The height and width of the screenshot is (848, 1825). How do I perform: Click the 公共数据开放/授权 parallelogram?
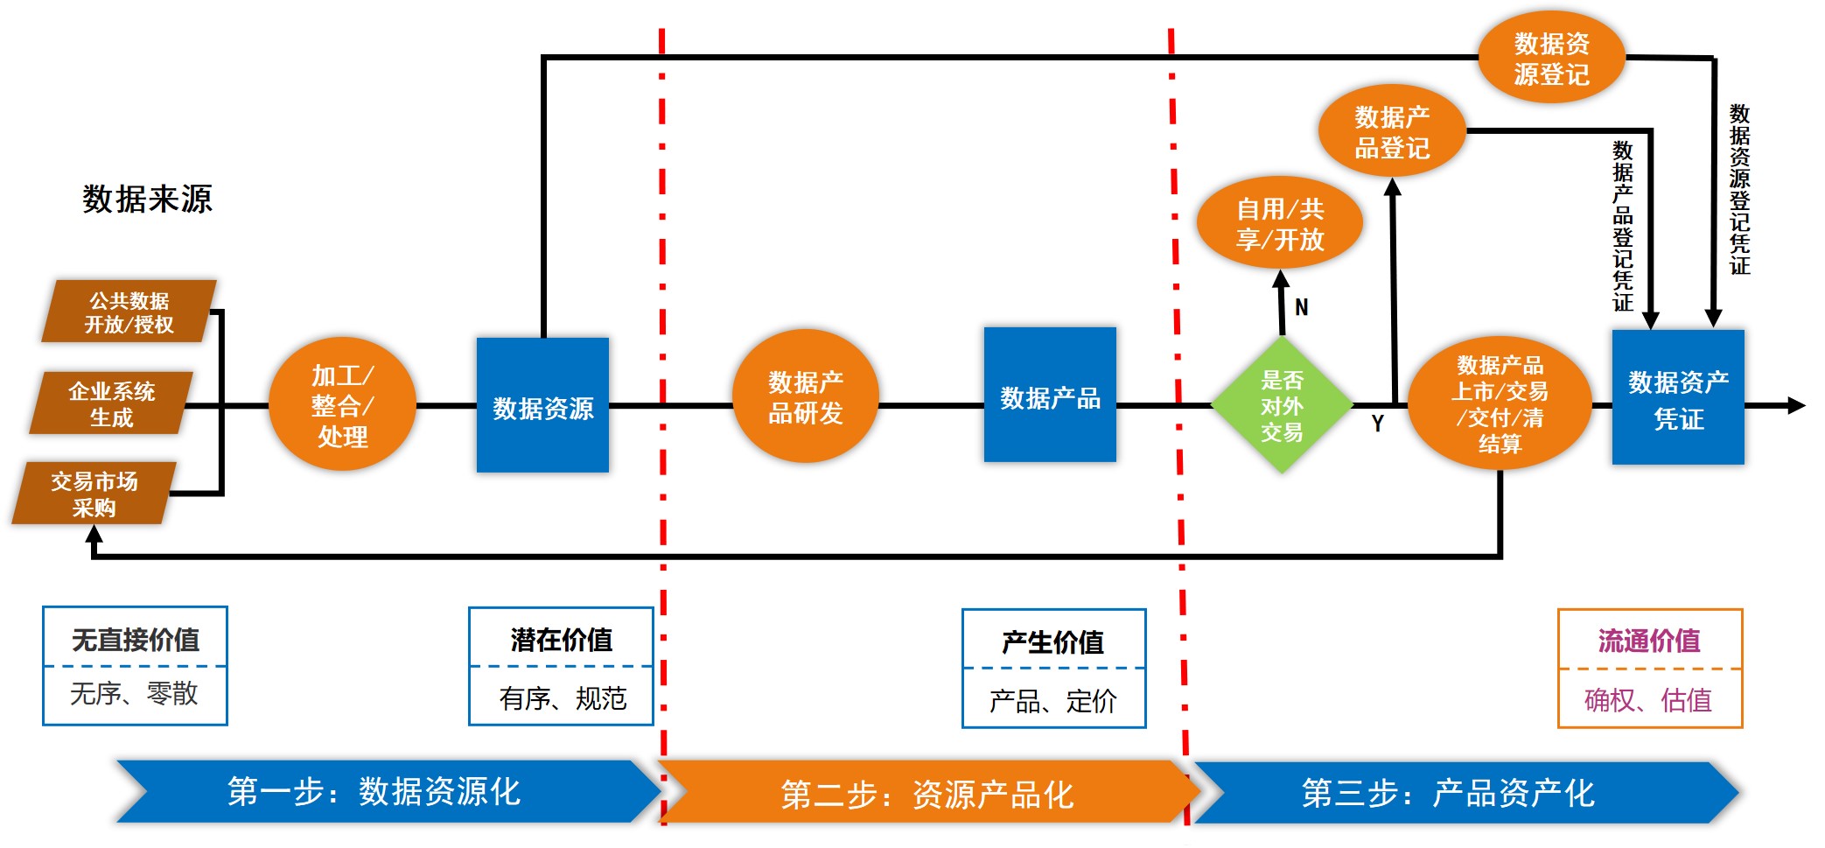pos(129,312)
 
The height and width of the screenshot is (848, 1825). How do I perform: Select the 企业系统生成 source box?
pos(111,403)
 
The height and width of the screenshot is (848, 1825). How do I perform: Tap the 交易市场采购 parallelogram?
pos(94,494)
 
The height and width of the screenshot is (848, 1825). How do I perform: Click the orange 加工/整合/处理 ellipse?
pos(342,405)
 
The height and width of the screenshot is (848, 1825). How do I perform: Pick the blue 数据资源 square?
pos(542,406)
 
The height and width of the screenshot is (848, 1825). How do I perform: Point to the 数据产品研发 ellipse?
pos(805,396)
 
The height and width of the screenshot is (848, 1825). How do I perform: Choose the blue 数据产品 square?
pos(1050,396)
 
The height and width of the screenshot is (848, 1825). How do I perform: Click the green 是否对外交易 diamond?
pos(1282,405)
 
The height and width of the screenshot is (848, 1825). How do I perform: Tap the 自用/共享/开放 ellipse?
pos(1279,224)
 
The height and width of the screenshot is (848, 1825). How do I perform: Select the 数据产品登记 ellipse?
pos(1392,132)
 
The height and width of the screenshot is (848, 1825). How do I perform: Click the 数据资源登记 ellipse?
pos(1551,58)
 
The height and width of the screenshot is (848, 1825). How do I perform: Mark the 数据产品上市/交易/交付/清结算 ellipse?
pos(1500,403)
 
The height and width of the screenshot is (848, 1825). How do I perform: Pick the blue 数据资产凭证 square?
pos(1678,398)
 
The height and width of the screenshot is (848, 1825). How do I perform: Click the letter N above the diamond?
pos(1302,307)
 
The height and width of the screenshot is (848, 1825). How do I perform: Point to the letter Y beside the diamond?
pos(1378,424)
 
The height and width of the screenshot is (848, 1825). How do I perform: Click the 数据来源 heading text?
pos(147,199)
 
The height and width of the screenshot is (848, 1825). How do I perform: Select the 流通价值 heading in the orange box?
pos(1649,641)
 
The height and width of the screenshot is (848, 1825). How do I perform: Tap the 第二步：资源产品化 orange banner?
pos(927,794)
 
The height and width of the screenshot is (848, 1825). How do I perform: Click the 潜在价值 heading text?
pos(561,640)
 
